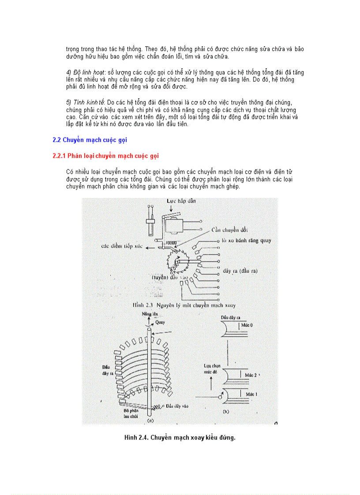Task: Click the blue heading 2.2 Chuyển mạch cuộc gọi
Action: pyautogui.click(x=90, y=140)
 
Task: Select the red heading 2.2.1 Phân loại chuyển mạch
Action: pyautogui.click(x=105, y=156)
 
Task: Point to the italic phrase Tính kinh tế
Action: pyautogui.click(x=86, y=103)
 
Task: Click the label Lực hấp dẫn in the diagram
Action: pyautogui.click(x=181, y=201)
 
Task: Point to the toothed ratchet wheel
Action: pyautogui.click(x=177, y=262)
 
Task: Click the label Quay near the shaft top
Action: pyautogui.click(x=159, y=322)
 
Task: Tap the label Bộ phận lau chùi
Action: pyautogui.click(x=131, y=412)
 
